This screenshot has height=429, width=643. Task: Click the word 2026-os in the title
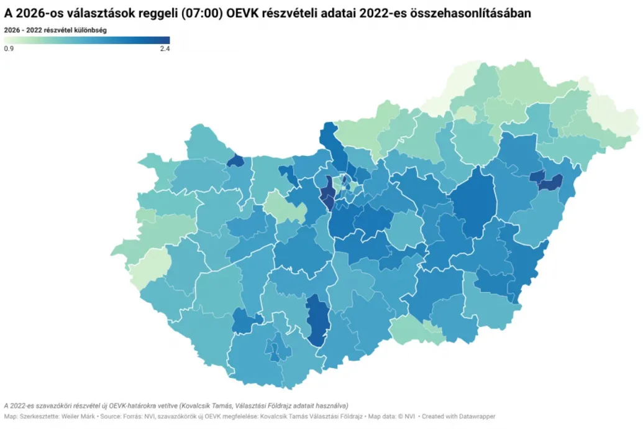point(40,12)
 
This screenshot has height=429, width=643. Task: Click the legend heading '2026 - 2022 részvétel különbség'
point(55,29)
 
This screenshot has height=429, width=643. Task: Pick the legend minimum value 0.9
point(9,48)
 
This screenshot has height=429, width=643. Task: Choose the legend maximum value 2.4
point(165,48)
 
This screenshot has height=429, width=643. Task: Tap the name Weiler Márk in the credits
point(78,417)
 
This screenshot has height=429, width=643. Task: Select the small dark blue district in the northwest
point(235,161)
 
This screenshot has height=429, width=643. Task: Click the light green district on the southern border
point(415,329)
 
